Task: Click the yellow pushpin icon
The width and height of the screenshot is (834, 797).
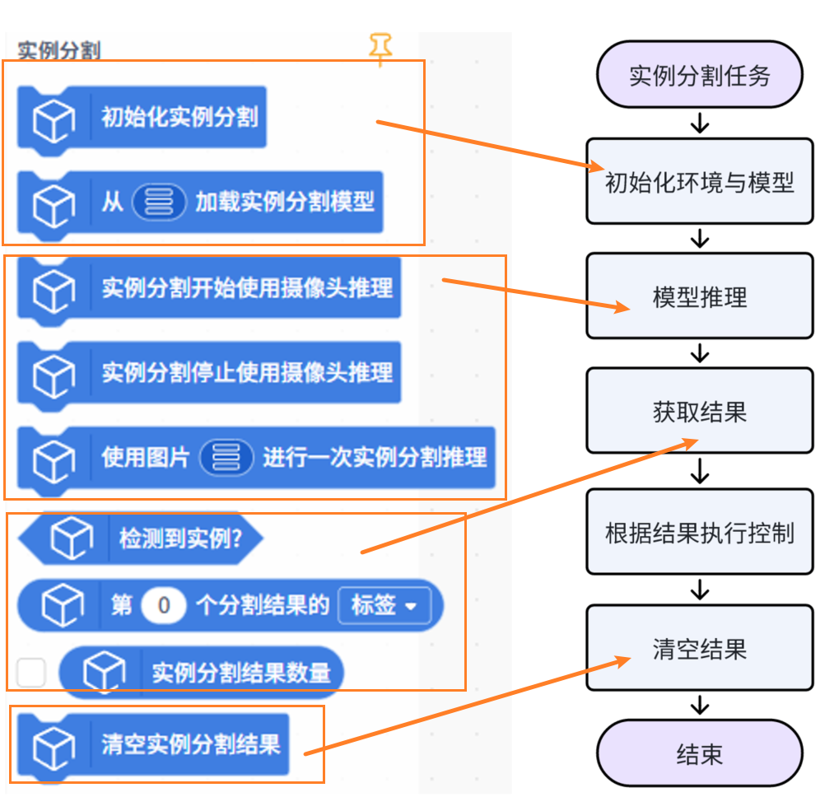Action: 380,49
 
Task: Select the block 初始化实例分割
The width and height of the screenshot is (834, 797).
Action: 178,117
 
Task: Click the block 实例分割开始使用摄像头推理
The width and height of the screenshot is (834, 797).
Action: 247,288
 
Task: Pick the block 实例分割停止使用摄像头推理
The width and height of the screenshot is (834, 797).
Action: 247,372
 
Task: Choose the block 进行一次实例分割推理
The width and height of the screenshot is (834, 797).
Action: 375,457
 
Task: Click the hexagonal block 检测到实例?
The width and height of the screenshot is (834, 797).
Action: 180,539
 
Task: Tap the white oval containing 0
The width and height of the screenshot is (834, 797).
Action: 163,606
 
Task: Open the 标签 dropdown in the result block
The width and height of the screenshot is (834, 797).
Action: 384,606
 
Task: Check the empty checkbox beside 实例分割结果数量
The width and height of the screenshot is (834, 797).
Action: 31,673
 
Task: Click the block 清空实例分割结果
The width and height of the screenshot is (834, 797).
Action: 190,745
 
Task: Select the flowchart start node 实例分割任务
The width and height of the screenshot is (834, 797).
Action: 699,76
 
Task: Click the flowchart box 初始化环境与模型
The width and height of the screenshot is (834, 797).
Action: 699,181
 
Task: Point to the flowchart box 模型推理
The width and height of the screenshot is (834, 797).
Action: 699,296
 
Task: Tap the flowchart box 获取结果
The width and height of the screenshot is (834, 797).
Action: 699,411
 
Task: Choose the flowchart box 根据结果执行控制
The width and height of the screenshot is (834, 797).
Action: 699,532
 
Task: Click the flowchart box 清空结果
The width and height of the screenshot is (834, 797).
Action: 699,648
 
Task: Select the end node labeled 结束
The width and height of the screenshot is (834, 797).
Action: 699,753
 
